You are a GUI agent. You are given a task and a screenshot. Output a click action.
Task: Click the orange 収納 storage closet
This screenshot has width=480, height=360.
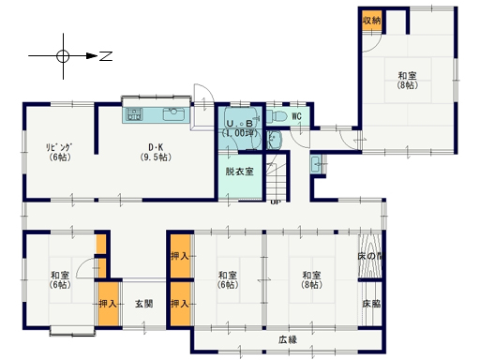[x=371, y=20]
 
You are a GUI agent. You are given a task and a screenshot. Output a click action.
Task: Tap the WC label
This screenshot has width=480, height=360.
[x=295, y=116]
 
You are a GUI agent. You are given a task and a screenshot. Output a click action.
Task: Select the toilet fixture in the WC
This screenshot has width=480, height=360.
[x=277, y=116]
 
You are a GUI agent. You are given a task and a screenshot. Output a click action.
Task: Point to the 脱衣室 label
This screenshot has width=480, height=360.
[x=239, y=172]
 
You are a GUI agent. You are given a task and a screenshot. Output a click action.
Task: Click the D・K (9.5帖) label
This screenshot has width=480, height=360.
[x=157, y=151]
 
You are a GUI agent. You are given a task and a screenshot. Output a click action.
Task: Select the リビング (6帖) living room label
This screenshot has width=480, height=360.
[x=61, y=151]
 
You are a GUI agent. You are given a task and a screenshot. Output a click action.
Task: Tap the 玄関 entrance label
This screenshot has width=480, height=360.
[x=143, y=304]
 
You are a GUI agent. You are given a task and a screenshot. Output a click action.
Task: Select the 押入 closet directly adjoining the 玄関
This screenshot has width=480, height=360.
[x=108, y=304]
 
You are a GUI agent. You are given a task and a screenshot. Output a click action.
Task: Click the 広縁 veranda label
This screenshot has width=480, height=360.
[x=287, y=339]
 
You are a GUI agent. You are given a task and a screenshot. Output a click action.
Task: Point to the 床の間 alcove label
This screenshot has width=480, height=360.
[x=370, y=256]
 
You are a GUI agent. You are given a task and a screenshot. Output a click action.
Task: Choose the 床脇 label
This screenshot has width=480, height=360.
[x=371, y=304]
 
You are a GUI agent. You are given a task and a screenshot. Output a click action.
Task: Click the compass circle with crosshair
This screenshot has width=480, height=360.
[x=63, y=55]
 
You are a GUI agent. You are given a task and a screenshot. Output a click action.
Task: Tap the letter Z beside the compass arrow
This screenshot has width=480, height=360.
[x=106, y=56]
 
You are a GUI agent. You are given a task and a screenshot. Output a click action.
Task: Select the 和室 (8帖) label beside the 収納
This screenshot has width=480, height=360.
[x=406, y=81]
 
